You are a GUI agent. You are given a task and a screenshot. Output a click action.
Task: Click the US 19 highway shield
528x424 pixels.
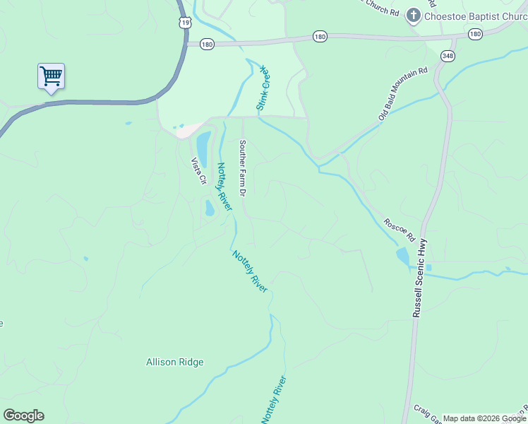185,23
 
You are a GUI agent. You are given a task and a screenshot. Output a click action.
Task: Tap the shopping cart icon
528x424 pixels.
51,76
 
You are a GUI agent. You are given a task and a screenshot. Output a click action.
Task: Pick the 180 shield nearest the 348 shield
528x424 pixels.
475,34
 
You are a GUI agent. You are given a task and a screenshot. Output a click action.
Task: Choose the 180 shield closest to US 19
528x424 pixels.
207,44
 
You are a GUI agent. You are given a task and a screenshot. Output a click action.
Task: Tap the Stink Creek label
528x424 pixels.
264,88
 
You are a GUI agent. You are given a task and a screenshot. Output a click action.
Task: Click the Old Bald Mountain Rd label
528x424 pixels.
403,93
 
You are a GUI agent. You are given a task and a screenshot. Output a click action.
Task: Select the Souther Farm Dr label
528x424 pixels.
242,167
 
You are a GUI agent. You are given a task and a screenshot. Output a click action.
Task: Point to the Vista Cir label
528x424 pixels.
198,171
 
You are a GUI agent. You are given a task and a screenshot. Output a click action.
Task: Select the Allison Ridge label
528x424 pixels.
174,363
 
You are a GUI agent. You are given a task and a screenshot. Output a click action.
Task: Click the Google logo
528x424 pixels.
23,416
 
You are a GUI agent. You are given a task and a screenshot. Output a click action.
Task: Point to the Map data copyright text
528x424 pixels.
484,418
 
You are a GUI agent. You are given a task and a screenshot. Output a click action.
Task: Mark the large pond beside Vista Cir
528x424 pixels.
203,148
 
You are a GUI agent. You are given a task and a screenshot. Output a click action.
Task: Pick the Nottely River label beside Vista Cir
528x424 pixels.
224,187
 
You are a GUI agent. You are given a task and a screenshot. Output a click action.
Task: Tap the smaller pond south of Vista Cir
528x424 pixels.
210,208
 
